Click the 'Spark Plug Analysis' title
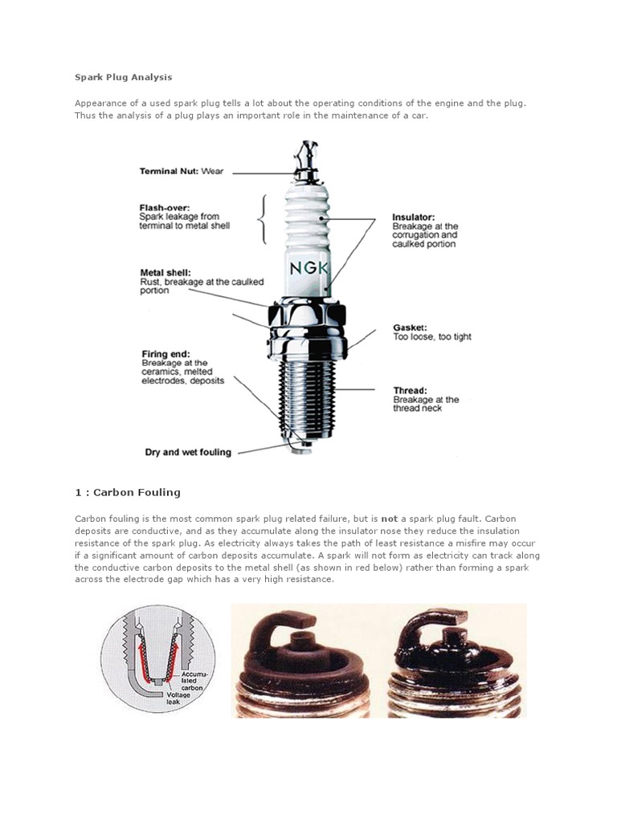coord(124,78)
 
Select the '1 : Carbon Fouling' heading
coord(128,492)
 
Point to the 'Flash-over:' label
coord(165,206)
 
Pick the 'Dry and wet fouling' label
coord(188,452)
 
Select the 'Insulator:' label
coord(414,217)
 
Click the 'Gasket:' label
coord(409,327)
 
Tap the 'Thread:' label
coord(410,389)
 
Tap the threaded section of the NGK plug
coord(308,393)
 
